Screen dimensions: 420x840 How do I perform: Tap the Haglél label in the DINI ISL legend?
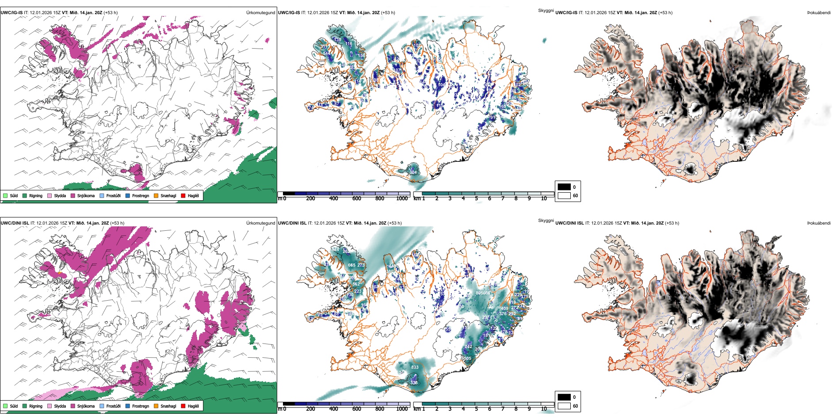coord(193,406)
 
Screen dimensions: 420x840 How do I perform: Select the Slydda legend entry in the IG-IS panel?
coord(60,195)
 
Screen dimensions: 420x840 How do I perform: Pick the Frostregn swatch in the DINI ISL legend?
coord(128,406)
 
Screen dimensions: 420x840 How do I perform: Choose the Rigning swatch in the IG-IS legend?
coord(25,195)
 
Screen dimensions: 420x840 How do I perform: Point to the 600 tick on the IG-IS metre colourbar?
coord(356,199)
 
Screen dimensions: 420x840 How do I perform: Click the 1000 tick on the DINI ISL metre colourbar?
coord(402,409)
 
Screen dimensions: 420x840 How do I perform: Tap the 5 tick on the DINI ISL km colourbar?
coord(477,409)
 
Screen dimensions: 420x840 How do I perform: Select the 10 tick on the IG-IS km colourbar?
coord(544,199)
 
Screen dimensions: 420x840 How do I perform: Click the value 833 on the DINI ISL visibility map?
coord(415,367)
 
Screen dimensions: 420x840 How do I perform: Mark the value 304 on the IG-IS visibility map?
coord(413,172)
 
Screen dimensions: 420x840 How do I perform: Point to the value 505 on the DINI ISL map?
coord(467,359)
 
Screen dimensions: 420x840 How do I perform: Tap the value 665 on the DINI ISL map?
coord(351,265)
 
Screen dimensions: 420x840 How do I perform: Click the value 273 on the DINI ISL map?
coord(361,265)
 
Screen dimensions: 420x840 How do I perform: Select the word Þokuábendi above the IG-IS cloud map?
coord(819,13)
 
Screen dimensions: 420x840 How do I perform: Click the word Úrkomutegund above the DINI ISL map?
coord(260,223)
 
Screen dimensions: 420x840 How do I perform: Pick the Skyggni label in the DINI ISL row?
coord(546,221)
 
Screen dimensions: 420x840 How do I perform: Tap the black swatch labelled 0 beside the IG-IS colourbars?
coord(564,187)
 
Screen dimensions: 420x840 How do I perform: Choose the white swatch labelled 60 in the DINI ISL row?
coord(564,406)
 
